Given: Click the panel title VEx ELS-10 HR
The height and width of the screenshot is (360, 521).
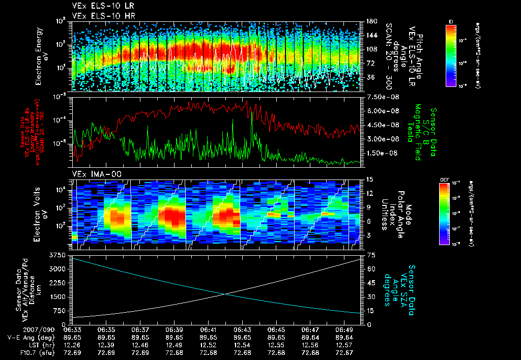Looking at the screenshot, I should [99, 16].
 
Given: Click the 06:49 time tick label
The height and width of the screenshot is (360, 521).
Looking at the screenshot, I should [345, 329].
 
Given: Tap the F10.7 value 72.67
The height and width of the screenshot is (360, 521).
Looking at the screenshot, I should [345, 352].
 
